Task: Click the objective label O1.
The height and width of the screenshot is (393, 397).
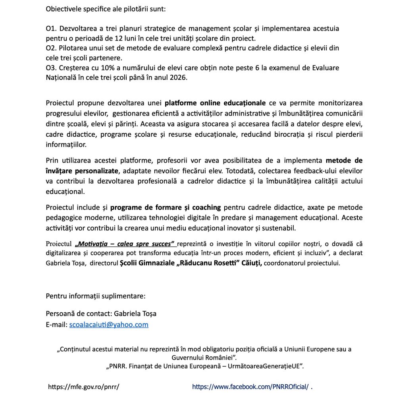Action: coord(51,29)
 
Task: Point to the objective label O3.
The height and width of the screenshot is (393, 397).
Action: coord(51,68)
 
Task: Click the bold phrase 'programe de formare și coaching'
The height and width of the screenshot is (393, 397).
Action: coord(166,207)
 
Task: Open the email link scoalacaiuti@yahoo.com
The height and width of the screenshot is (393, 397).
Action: coord(109,325)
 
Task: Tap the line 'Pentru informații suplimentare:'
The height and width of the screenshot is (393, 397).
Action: coord(96,296)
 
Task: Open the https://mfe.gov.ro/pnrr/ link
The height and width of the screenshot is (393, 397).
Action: coord(83,386)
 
